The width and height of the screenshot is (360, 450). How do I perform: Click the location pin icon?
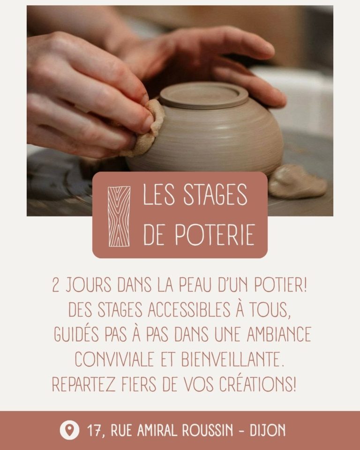click(x=69, y=430)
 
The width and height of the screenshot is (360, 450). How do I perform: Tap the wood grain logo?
click(x=119, y=217)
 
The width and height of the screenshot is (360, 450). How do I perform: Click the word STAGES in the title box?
click(x=215, y=195)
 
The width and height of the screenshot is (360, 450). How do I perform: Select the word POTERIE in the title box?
click(x=215, y=235)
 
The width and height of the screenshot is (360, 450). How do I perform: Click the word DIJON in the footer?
click(x=268, y=430)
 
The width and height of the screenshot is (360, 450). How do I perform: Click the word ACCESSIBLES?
click(x=189, y=310)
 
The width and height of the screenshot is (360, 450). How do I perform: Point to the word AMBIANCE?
click(x=279, y=334)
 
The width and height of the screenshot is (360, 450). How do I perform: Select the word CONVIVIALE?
click(x=114, y=360)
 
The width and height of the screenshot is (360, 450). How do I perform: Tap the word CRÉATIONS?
click(x=257, y=384)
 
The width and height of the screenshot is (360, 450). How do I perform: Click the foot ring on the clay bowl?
click(x=203, y=95)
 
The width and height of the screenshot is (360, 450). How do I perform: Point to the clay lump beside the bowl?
click(x=297, y=181)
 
